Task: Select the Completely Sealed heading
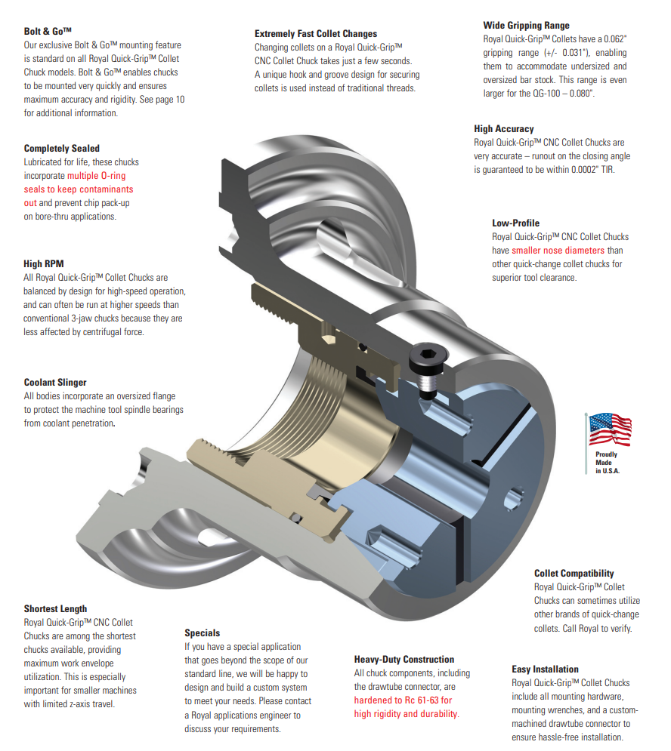tap(61, 149)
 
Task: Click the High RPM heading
tap(44, 264)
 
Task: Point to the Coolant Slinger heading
tap(55, 383)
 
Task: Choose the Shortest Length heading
tap(55, 608)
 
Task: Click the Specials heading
tap(203, 633)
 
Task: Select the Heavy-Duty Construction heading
tap(404, 659)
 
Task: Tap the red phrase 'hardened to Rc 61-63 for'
tap(403, 700)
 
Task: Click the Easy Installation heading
tap(545, 669)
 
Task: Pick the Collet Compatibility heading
tap(574, 573)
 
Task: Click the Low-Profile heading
tap(515, 223)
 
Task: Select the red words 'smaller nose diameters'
tap(558, 251)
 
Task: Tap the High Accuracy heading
tap(503, 129)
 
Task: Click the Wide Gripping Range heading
tap(526, 26)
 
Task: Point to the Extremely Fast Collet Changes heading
tap(315, 34)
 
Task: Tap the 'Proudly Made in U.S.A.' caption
tap(607, 462)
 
